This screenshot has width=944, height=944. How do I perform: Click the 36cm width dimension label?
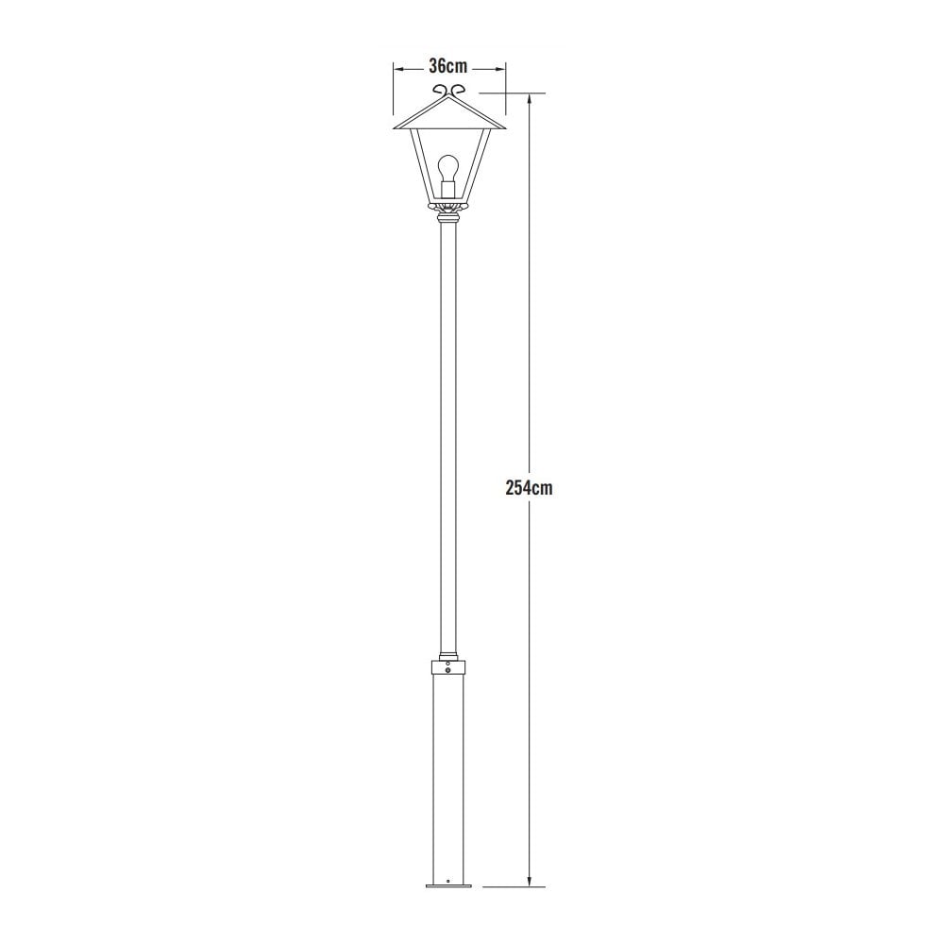pos(448,66)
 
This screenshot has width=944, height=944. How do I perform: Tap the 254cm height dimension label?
pos(529,488)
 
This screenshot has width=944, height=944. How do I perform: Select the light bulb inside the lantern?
pos(448,170)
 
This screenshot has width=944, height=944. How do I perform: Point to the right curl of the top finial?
pos(460,89)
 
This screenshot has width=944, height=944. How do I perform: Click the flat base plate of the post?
pos(448,885)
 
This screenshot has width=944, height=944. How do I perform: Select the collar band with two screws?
pos(448,667)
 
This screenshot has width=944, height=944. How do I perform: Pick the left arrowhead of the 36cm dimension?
pos(397,68)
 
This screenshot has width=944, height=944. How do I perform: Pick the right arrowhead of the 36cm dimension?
pos(501,68)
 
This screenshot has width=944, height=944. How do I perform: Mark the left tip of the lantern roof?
pos(392,125)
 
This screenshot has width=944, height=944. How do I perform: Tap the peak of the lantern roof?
pos(449,97)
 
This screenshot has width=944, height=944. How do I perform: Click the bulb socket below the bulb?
pos(448,192)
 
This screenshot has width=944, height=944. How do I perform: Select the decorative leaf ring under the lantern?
pos(448,205)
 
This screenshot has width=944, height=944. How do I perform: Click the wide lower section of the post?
pos(448,774)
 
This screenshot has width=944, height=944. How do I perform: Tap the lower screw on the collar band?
pos(448,671)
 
